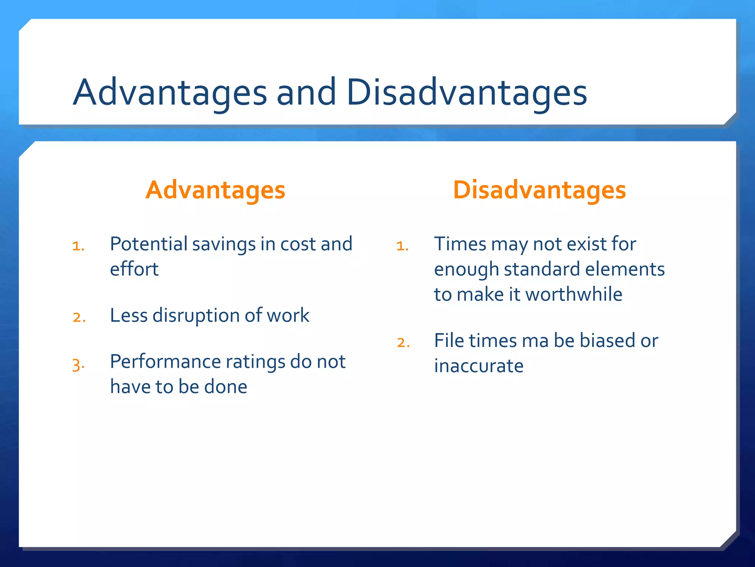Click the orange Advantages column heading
point(215,190)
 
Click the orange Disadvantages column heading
point(539,190)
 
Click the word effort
point(134,269)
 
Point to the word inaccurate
point(479,366)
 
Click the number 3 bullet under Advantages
point(78,365)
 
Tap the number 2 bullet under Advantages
point(79,317)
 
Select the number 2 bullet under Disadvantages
point(403,343)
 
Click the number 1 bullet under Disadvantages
point(402,246)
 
